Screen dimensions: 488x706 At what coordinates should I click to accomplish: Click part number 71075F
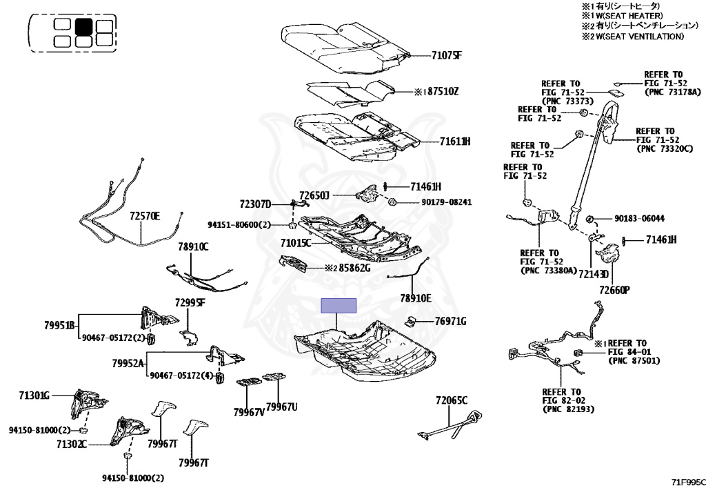446,55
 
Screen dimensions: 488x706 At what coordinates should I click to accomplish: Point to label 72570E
144,216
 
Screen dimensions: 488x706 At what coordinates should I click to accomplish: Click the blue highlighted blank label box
339,306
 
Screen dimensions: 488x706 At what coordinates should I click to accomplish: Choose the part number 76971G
451,321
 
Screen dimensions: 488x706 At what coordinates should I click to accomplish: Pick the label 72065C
452,400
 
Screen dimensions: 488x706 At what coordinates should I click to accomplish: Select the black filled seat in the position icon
83,27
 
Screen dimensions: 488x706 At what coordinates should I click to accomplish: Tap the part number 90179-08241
446,202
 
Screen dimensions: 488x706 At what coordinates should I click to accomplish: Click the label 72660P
615,291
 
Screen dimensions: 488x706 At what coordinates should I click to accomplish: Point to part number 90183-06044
639,219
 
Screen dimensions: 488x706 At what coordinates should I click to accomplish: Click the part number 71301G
34,396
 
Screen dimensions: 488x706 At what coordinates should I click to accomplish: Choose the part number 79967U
281,407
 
